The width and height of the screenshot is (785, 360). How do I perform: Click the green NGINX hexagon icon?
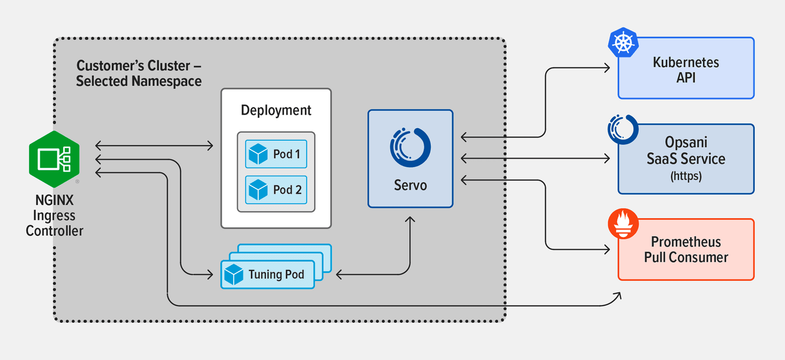pyautogui.click(x=54, y=159)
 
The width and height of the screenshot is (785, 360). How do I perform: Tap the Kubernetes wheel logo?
pyautogui.click(x=623, y=43)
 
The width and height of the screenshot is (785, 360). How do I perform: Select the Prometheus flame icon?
pyautogui.click(x=623, y=223)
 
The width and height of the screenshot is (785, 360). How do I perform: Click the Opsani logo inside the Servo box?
pyautogui.click(x=410, y=147)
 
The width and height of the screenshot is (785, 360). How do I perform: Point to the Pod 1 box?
pyautogui.click(x=276, y=154)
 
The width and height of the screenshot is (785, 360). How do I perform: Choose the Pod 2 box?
pyautogui.click(x=276, y=190)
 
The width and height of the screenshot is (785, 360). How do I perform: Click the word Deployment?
pyautogui.click(x=276, y=110)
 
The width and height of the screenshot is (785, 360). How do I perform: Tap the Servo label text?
pyautogui.click(x=410, y=185)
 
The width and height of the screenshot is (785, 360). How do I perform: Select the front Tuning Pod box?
pyautogui.click(x=268, y=275)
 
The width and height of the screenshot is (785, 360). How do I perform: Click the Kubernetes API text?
pyautogui.click(x=685, y=70)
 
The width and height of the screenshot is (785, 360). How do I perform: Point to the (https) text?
pyautogui.click(x=685, y=176)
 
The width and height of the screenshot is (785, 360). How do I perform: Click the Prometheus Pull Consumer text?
pyautogui.click(x=685, y=249)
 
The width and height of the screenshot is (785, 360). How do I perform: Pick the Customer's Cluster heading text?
pyautogui.click(x=138, y=73)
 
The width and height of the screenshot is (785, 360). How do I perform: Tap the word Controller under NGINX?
pyautogui.click(x=54, y=231)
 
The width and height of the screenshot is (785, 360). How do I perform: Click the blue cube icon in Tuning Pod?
pyautogui.click(x=234, y=275)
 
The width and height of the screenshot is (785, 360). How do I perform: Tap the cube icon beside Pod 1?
pyautogui.click(x=258, y=154)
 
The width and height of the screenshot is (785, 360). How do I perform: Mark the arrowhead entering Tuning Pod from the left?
pyautogui.click(x=210, y=274)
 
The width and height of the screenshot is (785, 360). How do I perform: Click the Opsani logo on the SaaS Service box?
pyautogui.click(x=623, y=129)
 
